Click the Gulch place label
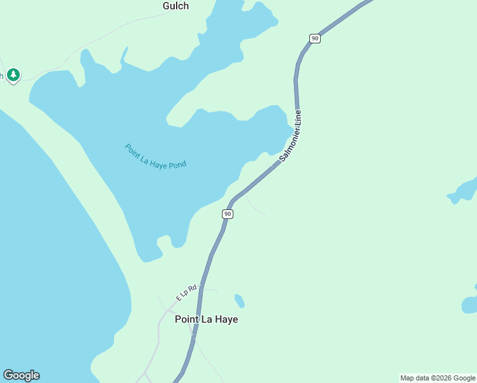(175, 6)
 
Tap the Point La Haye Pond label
(156, 156)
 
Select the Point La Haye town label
(206, 319)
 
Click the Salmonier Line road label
(290, 136)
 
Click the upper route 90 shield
(314, 38)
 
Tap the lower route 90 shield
(228, 214)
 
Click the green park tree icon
(13, 75)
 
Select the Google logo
(21, 375)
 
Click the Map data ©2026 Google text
(437, 378)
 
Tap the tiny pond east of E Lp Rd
(239, 300)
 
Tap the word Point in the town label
(187, 319)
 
